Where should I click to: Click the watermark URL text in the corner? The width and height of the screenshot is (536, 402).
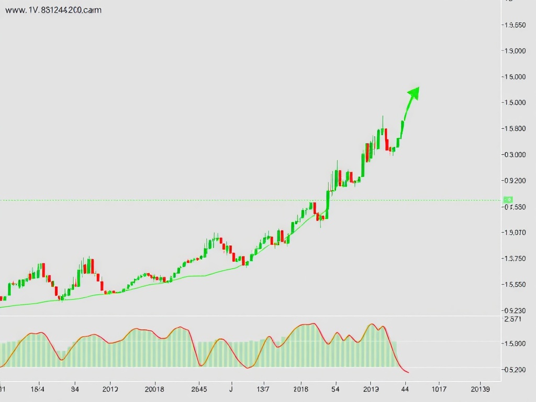pos(53,10)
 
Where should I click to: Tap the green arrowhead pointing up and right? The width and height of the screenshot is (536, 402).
pos(414,93)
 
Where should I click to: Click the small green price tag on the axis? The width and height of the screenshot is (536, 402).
pos(508,199)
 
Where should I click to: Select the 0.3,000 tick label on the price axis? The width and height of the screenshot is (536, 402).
pos(513,154)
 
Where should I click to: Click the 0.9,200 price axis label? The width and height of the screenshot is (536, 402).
pos(513,181)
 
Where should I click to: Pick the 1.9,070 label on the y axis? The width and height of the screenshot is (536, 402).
pos(513,232)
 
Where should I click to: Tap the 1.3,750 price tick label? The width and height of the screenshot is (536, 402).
pos(513,259)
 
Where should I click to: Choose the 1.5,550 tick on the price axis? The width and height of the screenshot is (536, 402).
pos(513,285)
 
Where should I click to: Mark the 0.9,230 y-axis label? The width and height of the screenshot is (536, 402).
pos(513,310)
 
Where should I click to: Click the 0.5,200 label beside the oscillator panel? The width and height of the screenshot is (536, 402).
pos(513,370)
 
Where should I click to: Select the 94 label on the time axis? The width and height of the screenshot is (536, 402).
pos(75,389)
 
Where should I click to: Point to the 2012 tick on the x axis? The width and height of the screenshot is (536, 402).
pos(110,389)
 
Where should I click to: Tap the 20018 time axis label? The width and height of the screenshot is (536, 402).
pos(154,389)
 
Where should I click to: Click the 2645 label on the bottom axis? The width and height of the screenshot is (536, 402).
pos(199,389)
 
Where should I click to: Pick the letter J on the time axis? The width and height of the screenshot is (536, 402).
pos(231,389)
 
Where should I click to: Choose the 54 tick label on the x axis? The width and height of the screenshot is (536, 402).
pos(336,389)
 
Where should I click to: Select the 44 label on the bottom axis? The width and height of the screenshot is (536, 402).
pos(405,389)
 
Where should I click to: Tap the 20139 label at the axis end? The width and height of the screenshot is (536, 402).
pos(481,389)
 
